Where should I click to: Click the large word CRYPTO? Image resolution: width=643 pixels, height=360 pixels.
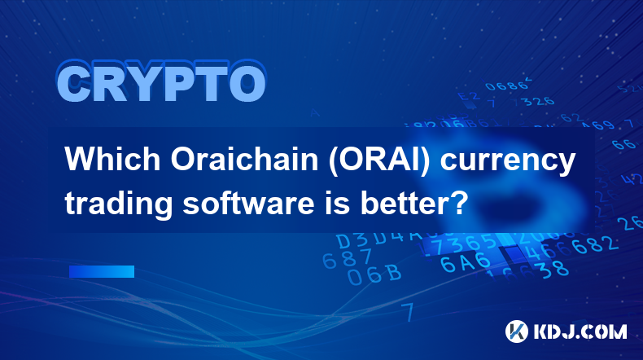(161, 82)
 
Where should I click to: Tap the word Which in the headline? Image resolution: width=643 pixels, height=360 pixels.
(113, 160)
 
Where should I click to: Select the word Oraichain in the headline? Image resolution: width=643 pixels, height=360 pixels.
(244, 160)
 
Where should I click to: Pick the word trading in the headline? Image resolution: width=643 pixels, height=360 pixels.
(119, 204)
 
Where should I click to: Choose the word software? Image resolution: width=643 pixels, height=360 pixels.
(248, 203)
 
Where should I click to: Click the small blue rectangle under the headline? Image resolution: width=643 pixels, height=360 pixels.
(102, 271)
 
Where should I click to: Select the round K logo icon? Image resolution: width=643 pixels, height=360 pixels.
(517, 331)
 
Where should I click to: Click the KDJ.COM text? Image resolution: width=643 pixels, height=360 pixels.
(580, 331)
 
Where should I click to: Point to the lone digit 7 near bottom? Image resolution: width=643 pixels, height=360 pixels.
(408, 312)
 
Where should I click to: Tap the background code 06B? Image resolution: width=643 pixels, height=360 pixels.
(374, 274)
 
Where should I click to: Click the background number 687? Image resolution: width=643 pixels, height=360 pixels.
(347, 259)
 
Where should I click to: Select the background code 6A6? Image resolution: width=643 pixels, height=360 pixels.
(466, 263)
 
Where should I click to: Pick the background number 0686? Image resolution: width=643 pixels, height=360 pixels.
(506, 86)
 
